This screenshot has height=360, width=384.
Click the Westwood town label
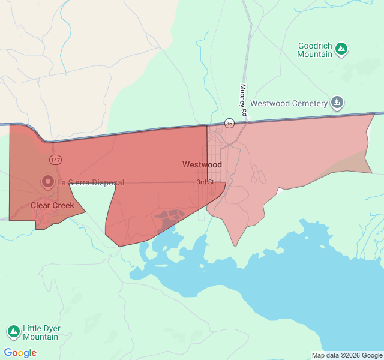(202, 164)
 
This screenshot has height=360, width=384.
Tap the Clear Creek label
(53, 205)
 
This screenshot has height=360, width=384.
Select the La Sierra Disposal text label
(91, 182)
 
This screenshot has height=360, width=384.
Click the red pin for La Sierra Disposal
(47, 181)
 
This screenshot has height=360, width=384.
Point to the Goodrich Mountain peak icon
(341, 48)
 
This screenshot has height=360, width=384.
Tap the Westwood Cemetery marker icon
(338, 103)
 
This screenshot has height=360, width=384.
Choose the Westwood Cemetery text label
(289, 103)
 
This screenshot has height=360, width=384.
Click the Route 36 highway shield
(229, 123)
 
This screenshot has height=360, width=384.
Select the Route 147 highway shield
(55, 160)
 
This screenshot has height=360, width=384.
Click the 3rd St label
(205, 182)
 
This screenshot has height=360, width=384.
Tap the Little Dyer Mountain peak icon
(13, 332)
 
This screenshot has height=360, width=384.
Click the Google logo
(20, 353)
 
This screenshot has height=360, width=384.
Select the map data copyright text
(347, 355)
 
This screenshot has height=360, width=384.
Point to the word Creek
(64, 205)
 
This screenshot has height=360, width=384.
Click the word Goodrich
(315, 46)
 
